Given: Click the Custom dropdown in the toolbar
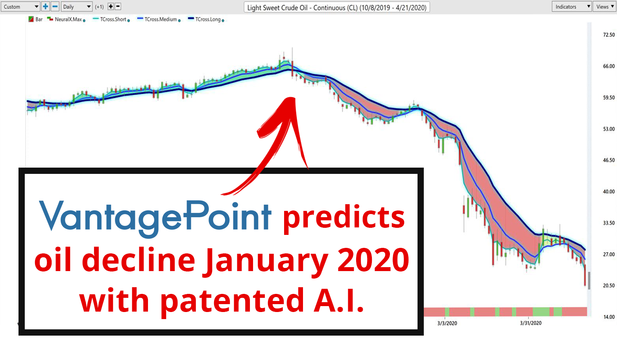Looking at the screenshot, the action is point(20,7).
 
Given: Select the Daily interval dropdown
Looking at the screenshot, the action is point(76,7).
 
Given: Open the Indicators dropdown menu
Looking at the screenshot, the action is point(571,7).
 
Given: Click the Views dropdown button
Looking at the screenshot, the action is point(605,7).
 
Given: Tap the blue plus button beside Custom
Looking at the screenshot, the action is point(46,7).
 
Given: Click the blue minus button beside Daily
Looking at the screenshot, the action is point(55,7).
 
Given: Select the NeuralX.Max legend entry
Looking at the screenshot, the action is point(66,19).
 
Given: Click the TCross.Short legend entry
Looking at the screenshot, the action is point(111,19).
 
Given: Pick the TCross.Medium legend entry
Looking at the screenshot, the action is point(159,19).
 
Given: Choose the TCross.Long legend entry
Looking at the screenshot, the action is point(206,19).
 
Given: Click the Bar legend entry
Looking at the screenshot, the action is point(35,19).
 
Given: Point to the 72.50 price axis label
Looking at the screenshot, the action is point(609,35).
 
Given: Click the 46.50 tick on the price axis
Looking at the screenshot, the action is point(609,160).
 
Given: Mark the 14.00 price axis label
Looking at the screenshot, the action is point(609,317).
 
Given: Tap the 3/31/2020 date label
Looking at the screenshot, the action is point(530,323).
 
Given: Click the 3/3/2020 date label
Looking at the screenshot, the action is point(447,323).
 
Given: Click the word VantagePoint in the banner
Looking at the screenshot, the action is point(155,218).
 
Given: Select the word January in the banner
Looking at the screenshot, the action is point(265,261).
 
